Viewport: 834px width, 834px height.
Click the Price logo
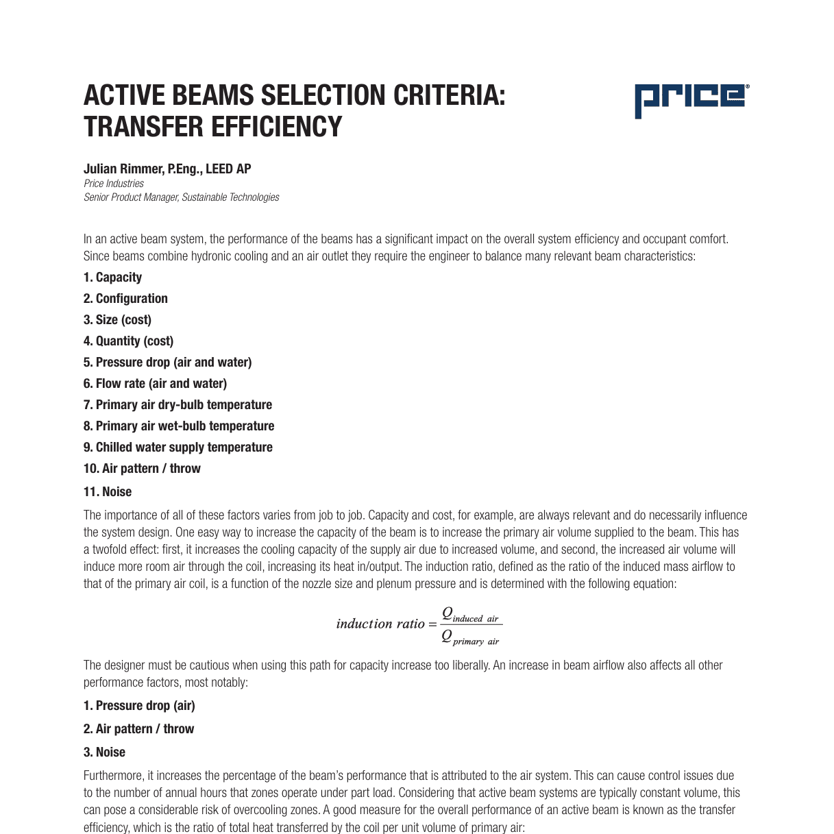[691, 99]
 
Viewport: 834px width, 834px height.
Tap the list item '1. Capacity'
[112, 278]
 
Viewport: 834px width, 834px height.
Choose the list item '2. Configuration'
[125, 299]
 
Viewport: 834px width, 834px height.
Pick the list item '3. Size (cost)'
[117, 320]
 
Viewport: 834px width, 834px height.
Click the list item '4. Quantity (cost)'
[128, 341]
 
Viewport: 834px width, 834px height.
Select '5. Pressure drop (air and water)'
[167, 363]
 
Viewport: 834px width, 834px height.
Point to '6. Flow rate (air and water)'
[155, 384]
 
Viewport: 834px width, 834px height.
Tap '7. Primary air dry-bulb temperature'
[177, 405]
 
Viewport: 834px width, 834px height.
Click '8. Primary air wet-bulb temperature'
[179, 426]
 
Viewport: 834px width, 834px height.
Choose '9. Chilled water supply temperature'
[177, 447]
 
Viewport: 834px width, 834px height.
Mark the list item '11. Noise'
[108, 492]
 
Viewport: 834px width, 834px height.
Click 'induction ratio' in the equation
[380, 624]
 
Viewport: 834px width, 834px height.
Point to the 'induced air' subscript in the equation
[476, 619]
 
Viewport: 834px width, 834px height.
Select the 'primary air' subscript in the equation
[476, 642]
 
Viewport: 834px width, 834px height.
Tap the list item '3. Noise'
[104, 752]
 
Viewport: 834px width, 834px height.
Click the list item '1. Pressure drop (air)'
[139, 706]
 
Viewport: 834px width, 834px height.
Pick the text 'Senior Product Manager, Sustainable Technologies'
[182, 197]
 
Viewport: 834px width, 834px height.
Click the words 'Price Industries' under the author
[114, 184]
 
